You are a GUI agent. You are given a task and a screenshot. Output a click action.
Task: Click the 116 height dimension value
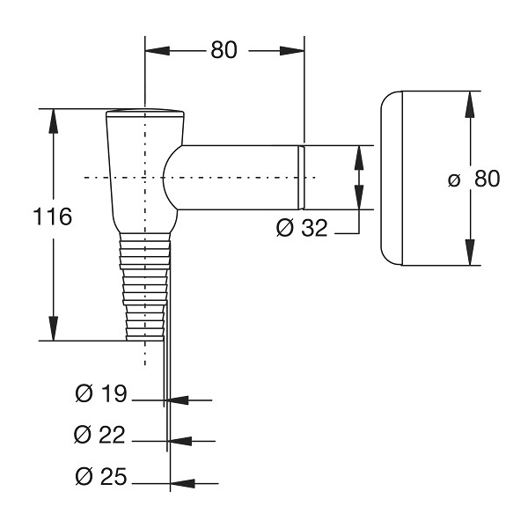[x=53, y=216]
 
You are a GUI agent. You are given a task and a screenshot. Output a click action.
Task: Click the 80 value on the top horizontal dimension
[x=224, y=50]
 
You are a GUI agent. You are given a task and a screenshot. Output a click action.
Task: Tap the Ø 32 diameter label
[x=302, y=228]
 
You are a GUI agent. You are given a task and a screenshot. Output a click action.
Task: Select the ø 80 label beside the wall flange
[x=473, y=179]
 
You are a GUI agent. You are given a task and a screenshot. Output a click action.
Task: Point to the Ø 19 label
[x=101, y=393]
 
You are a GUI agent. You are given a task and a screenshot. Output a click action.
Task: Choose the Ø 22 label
[x=99, y=435]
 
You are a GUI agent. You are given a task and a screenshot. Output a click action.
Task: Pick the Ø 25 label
[x=101, y=476]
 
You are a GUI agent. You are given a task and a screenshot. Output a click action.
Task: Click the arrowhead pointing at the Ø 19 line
[x=177, y=400]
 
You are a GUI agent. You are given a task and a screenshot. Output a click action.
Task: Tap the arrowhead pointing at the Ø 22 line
[x=180, y=441]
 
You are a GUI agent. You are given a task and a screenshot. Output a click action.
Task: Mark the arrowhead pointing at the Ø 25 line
[x=183, y=483]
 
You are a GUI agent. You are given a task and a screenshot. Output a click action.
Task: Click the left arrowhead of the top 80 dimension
[x=158, y=51]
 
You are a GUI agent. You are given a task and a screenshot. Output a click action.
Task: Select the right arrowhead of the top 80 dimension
[x=292, y=51]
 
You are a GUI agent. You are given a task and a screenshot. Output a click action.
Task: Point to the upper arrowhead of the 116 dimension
[x=53, y=121]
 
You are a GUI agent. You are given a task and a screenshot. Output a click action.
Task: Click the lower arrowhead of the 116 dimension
[x=53, y=328]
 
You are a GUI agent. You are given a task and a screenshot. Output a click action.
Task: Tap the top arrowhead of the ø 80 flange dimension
[x=470, y=105]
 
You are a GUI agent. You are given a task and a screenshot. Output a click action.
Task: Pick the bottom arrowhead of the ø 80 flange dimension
[x=470, y=253]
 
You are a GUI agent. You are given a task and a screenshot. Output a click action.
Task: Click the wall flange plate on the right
[x=392, y=178]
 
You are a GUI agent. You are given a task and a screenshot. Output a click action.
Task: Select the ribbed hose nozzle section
[x=145, y=287]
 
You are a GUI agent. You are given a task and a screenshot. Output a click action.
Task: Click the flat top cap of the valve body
[x=145, y=114]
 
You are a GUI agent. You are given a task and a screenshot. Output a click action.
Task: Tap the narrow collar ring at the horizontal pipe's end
[x=301, y=178]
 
